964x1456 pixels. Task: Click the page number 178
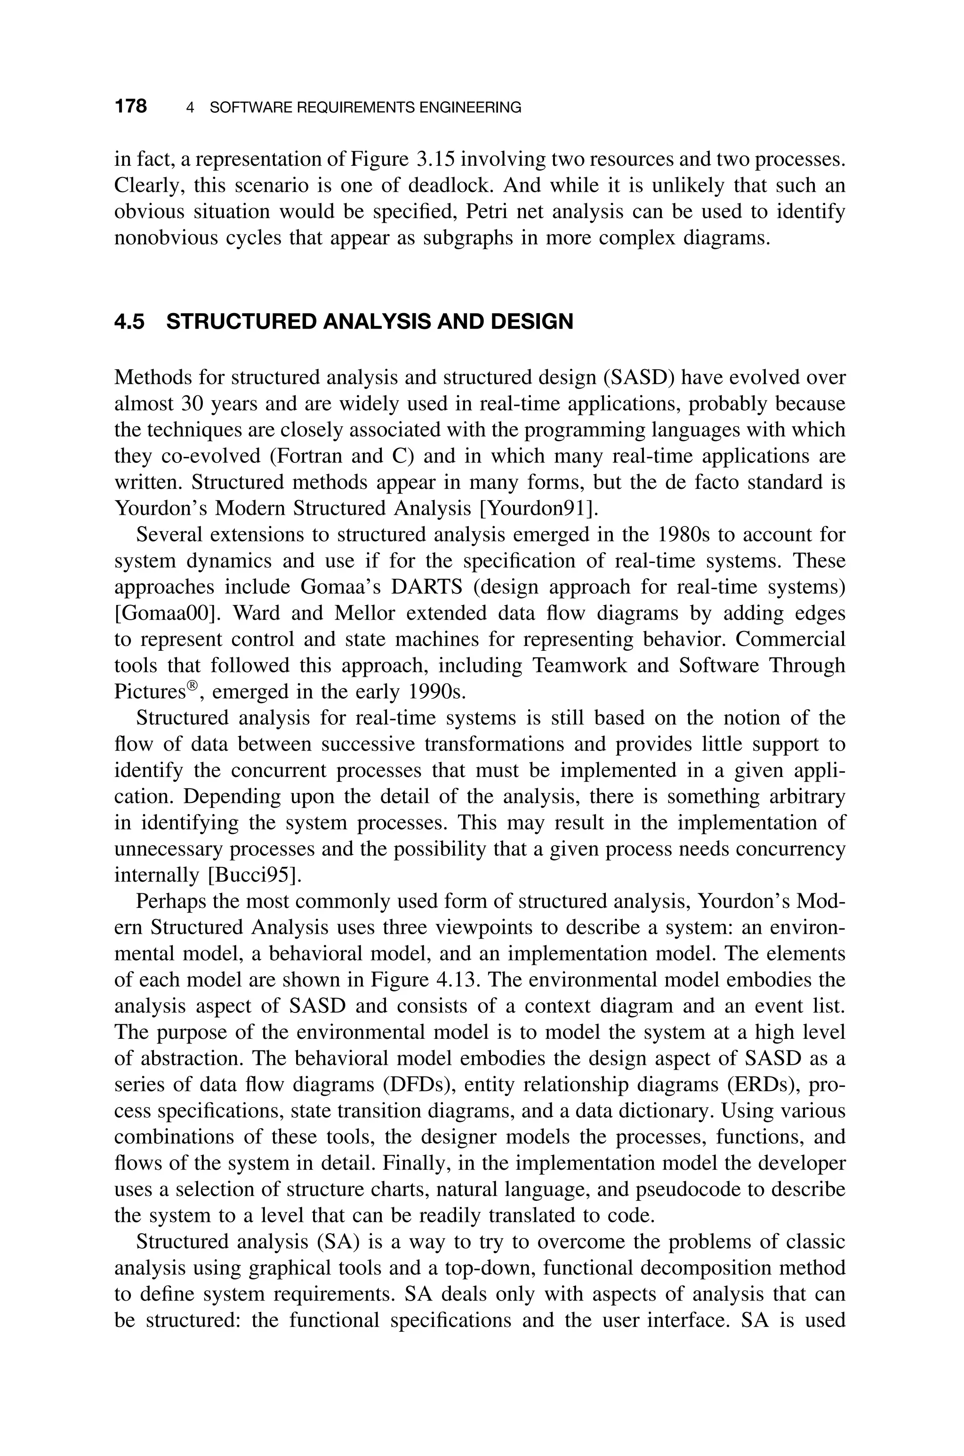130,107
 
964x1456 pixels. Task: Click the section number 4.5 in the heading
130,322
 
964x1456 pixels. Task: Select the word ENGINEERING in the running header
469,108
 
